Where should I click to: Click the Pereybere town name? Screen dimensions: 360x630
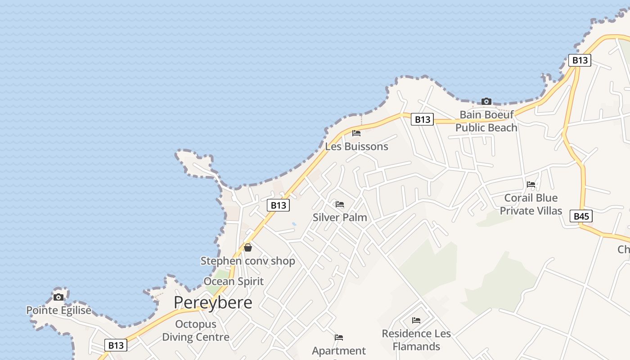tap(213, 302)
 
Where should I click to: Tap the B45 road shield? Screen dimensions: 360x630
tap(581, 216)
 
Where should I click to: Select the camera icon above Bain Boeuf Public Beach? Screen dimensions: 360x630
tap(486, 101)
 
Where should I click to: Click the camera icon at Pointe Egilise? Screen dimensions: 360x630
tap(58, 297)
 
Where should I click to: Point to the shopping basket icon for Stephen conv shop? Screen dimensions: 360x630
tap(247, 247)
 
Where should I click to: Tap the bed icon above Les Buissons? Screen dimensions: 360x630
tap(356, 133)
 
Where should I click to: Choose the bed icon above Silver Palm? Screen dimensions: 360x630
tap(340, 204)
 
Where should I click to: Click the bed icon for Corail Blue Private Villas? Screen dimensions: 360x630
tap(531, 184)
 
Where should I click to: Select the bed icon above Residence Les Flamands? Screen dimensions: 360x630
tap(416, 320)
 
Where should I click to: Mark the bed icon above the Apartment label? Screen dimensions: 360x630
tap(339, 337)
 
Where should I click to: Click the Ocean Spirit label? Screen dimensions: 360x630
tap(234, 281)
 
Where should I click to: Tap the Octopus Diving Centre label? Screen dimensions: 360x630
tap(196, 330)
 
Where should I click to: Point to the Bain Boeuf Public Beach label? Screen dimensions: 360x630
tap(486, 121)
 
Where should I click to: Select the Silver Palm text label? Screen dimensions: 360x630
tap(340, 217)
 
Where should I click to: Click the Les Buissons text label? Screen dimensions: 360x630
tap(356, 147)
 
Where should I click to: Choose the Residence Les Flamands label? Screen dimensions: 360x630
tap(416, 340)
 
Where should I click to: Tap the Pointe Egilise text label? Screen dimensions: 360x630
tap(58, 310)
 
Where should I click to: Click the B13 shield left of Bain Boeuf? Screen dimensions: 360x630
tap(422, 119)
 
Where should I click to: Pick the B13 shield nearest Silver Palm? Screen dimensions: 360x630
tap(278, 205)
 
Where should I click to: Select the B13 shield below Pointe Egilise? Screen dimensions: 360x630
tap(116, 345)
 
